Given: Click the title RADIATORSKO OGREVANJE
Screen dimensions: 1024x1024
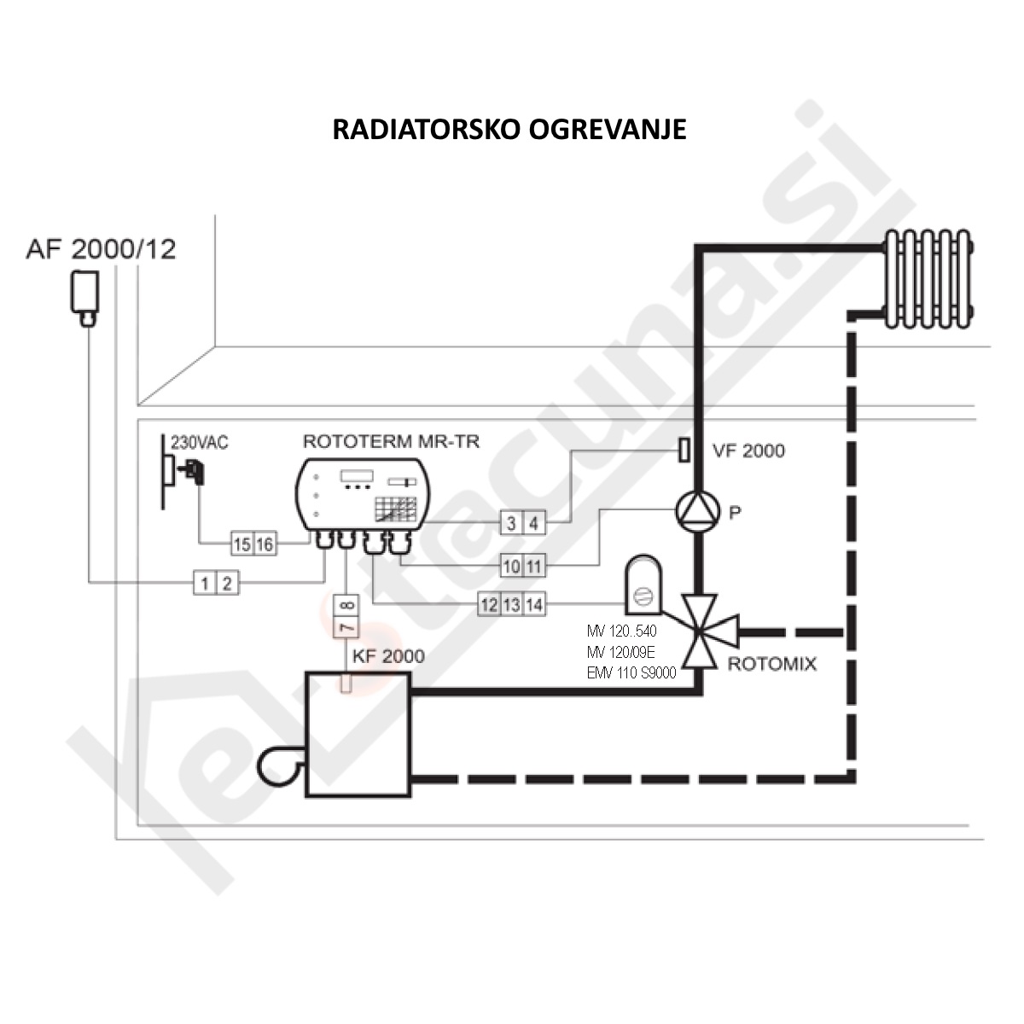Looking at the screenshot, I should point(509,130).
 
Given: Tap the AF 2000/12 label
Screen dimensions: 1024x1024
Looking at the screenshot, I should point(101,249).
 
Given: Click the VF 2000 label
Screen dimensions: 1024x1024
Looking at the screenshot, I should point(748,451).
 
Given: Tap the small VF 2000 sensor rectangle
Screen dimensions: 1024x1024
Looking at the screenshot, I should point(684,450).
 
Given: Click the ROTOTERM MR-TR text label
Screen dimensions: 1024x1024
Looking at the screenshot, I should point(391,441).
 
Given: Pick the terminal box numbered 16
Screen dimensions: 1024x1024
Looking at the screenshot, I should point(265,544).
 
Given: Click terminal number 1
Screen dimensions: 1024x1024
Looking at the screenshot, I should point(205,584).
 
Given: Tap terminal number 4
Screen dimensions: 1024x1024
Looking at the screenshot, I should point(533,523).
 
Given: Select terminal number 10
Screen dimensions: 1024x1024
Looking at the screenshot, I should point(511,566).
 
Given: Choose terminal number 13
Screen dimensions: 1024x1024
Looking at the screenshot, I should point(511,605).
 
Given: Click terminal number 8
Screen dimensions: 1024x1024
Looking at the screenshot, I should point(346,606).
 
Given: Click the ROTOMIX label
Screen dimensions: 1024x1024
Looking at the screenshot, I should point(771,664).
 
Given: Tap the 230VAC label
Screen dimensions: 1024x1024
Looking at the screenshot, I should point(200,443).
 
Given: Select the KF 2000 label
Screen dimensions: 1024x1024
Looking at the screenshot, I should point(387,656).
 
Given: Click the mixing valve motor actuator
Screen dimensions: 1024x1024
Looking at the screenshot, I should point(643,585).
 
